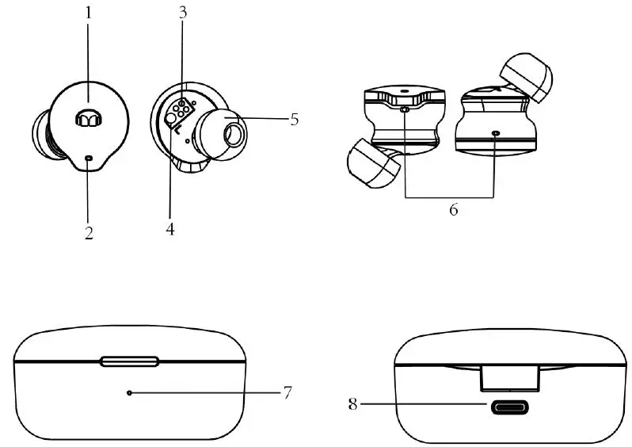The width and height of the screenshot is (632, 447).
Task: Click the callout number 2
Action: point(89,232)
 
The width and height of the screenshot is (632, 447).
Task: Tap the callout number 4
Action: point(169,230)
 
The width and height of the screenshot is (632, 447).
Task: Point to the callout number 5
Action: point(294,120)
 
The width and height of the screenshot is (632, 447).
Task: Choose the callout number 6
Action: point(452,211)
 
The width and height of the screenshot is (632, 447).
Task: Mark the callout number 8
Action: point(353,404)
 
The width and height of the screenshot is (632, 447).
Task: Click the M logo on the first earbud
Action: point(88,119)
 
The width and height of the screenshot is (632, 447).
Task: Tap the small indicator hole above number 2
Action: point(89,159)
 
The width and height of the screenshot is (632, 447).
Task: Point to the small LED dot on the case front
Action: point(130,392)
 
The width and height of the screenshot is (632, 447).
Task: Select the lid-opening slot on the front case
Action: point(130,361)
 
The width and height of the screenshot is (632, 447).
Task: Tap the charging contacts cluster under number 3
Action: point(181,112)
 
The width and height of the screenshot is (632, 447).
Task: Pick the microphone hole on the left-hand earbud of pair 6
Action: point(405,110)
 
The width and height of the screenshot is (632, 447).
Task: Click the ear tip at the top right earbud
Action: point(528,78)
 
